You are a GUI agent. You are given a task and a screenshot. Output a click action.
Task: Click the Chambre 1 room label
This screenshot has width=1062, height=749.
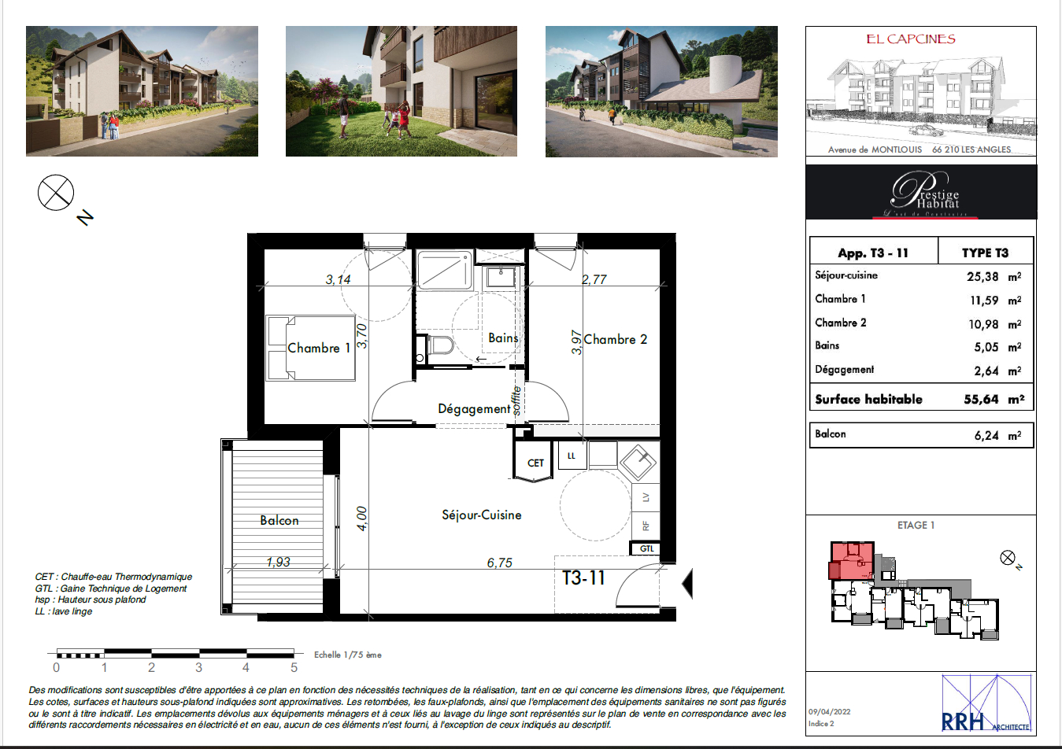pyautogui.click(x=319, y=348)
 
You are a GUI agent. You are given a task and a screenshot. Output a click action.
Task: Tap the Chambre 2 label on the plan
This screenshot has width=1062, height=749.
pyautogui.click(x=615, y=339)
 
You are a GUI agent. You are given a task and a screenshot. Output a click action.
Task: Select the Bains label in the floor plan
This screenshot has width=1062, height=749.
pyautogui.click(x=503, y=338)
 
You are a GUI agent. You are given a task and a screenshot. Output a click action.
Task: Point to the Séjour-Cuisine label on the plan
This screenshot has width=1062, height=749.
pyautogui.click(x=481, y=515)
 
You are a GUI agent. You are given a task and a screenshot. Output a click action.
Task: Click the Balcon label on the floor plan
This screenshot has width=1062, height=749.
pyautogui.click(x=279, y=520)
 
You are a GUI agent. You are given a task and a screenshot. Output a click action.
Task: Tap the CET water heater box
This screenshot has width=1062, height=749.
pyautogui.click(x=535, y=463)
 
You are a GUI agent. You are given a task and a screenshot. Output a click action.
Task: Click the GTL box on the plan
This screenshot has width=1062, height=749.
pyautogui.click(x=646, y=548)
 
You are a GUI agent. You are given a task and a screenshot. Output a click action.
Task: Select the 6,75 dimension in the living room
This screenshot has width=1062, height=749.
pyautogui.click(x=499, y=563)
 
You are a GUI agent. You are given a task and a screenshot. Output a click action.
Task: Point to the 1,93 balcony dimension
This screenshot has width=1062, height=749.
pyautogui.click(x=278, y=562)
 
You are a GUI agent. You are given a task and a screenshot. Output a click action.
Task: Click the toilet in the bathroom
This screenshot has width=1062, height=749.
pyautogui.click(x=438, y=345)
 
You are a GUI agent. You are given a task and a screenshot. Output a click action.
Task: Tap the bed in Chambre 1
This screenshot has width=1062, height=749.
pyautogui.click(x=310, y=348)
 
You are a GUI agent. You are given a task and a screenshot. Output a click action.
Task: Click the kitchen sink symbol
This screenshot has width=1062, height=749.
pyautogui.click(x=638, y=461)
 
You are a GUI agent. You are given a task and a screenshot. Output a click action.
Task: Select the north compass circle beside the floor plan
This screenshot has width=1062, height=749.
pyautogui.click(x=56, y=193)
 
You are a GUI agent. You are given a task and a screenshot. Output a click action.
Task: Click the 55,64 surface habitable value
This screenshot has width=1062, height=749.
pyautogui.click(x=981, y=399)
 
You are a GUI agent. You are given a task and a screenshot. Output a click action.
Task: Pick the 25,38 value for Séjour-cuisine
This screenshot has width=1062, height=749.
pyautogui.click(x=982, y=276)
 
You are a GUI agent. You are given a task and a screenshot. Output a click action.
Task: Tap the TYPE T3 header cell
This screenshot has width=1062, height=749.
pyautogui.click(x=985, y=253)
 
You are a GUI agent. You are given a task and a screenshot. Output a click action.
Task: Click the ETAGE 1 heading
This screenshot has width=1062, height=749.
pyautogui.click(x=916, y=525)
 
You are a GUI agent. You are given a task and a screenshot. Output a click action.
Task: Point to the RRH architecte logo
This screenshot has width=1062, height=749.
pyautogui.click(x=986, y=703)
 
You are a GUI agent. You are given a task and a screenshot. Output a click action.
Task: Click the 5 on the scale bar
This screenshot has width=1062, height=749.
pyautogui.click(x=294, y=667)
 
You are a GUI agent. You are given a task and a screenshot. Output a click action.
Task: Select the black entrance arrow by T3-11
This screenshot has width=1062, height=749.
pyautogui.click(x=686, y=584)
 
